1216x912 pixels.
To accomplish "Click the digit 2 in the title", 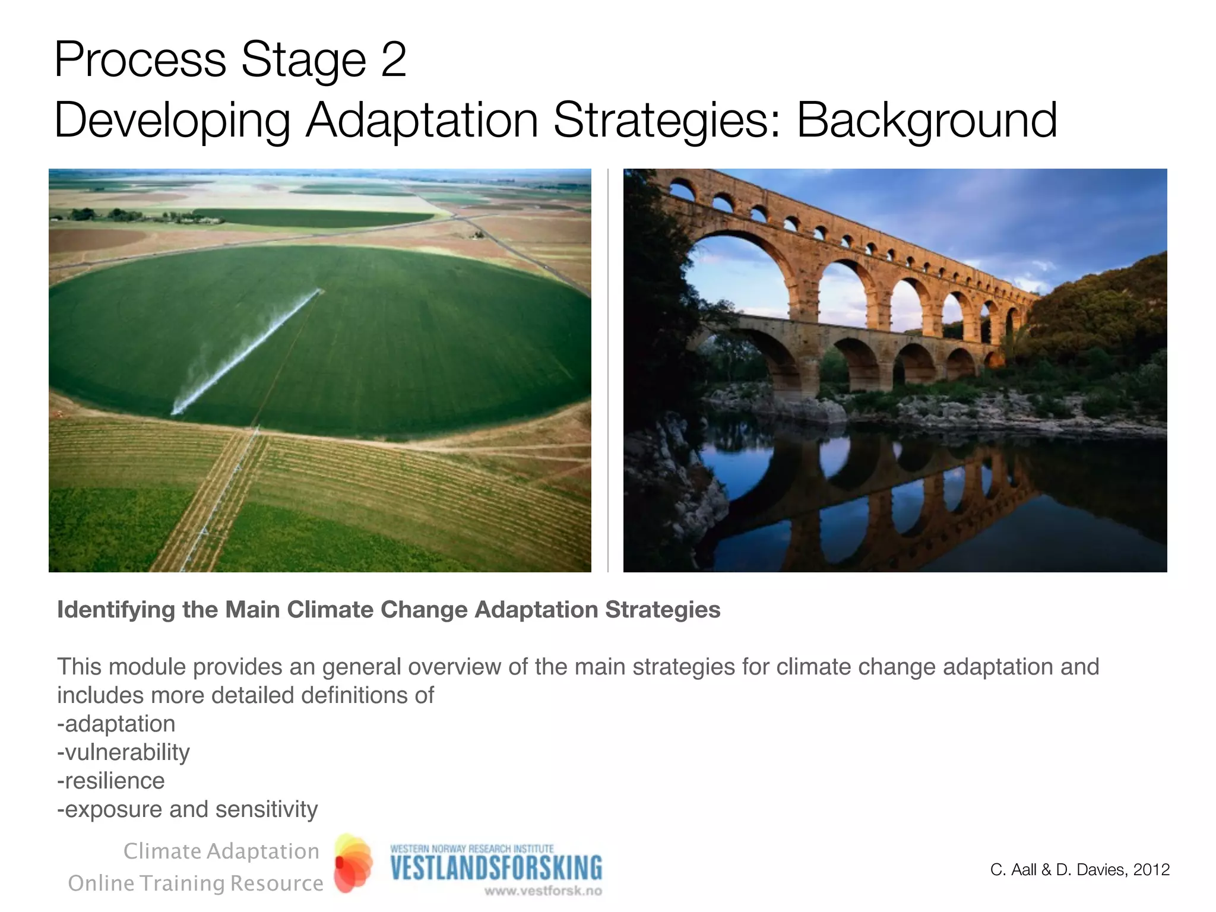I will pyautogui.click(x=393, y=61).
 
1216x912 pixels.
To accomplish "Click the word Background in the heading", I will pyautogui.click(x=926, y=121).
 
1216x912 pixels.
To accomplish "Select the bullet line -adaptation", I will pyautogui.click(x=116, y=724).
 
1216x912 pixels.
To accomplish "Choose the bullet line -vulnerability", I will pyautogui.click(x=123, y=752).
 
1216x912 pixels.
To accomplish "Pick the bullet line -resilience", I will pyautogui.click(x=111, y=781).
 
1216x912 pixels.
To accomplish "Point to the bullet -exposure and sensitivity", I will pyautogui.click(x=188, y=809).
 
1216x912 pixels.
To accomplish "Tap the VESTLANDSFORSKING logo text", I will pyautogui.click(x=496, y=868).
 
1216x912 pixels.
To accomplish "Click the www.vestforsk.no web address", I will pyautogui.click(x=543, y=891).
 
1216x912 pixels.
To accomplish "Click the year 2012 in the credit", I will pyautogui.click(x=1151, y=870).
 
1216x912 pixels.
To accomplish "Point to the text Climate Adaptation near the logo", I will pyautogui.click(x=221, y=851).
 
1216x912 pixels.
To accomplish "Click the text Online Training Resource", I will pyautogui.click(x=196, y=883).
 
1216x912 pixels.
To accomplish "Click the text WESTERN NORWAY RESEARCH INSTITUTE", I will pyautogui.click(x=472, y=848).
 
